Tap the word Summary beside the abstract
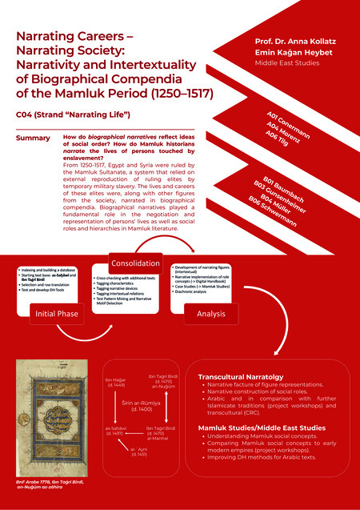(33, 139)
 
